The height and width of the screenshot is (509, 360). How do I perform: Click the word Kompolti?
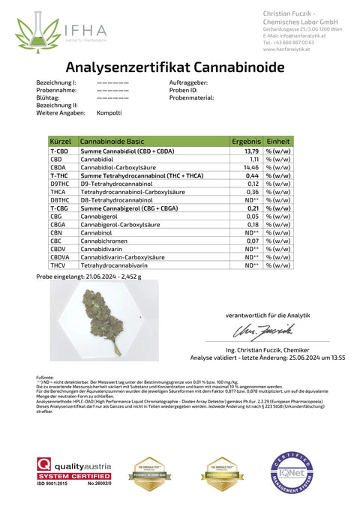coord(109,112)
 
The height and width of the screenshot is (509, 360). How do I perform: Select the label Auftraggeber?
coord(189,82)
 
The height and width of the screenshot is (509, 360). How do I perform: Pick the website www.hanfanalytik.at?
coord(289,49)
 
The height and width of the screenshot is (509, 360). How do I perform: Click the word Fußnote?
coord(44,376)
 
